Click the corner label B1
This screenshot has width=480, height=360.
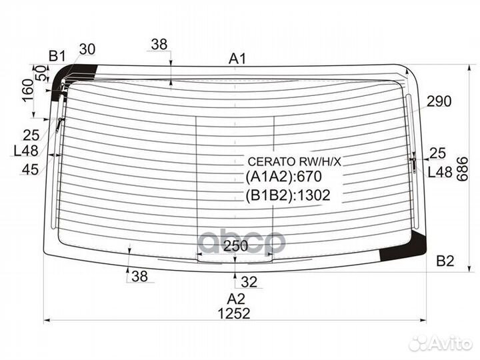[57, 55]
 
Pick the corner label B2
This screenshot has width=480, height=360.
[445, 261]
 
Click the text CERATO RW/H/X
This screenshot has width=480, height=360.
[294, 161]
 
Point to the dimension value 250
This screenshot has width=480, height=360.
[235, 246]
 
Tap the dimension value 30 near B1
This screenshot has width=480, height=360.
[87, 49]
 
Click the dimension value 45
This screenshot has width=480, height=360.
[30, 169]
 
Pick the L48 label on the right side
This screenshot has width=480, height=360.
[439, 173]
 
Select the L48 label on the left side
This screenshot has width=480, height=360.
[25, 151]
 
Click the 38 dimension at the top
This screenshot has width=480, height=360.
[159, 45]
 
